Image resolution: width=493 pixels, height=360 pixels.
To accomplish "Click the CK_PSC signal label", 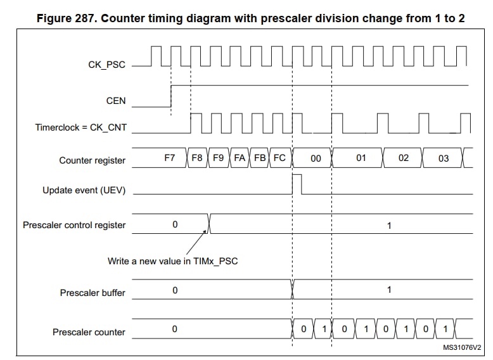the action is (106, 65).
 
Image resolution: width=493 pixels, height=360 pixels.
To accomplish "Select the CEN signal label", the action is (116, 101).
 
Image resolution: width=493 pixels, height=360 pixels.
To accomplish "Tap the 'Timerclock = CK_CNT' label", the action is (81, 127).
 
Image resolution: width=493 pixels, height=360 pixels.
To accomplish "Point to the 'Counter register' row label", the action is (93, 160).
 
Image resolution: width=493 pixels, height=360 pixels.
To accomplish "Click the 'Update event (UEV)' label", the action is (84, 190).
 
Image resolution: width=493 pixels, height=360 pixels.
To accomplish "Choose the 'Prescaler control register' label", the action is (74, 225).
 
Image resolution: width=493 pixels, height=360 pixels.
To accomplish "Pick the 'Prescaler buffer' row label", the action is (93, 293).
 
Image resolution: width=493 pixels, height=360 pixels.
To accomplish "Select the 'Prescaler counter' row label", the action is (89, 332).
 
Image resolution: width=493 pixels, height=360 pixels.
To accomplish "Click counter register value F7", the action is (169, 158).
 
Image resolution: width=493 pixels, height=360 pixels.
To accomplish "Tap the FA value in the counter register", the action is (240, 158).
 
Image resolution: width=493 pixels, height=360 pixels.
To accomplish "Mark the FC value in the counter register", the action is (279, 158).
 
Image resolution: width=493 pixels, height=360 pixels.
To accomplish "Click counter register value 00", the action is (316, 158).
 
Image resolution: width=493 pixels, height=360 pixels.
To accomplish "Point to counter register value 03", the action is (444, 158).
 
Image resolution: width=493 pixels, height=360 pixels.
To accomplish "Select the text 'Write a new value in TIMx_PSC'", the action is (172, 261).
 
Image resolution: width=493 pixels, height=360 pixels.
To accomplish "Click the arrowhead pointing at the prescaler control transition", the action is (205, 231).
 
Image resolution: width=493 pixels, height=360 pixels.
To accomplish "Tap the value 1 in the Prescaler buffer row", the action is (389, 290).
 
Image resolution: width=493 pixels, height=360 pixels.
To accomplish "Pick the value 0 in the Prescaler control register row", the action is (175, 224).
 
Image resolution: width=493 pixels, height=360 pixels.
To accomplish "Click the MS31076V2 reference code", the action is (462, 347).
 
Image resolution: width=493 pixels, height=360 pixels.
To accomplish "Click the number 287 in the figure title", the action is (85, 18).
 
